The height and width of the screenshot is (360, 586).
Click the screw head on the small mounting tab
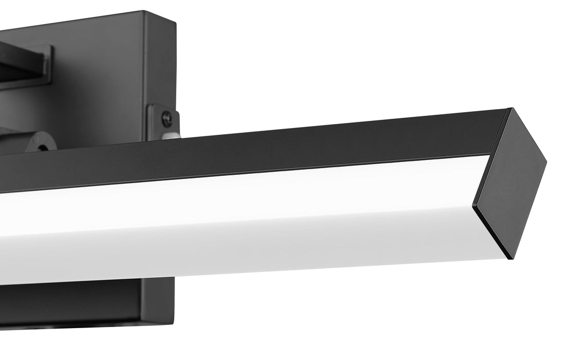(167, 119)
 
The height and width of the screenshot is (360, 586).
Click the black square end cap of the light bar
(509, 180)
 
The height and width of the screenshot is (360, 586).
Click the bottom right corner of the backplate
(174, 321)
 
